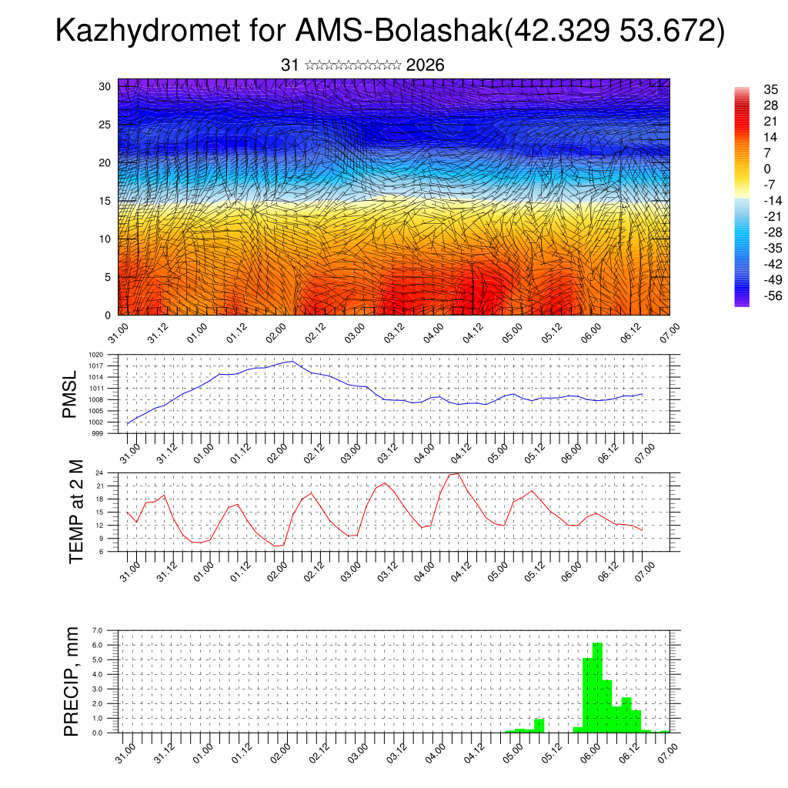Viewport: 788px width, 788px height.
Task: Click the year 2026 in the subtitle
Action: [425, 65]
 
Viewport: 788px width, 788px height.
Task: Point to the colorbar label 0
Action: [766, 169]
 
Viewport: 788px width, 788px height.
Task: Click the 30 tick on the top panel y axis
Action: [105, 86]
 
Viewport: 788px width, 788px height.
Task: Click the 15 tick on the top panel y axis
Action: [105, 201]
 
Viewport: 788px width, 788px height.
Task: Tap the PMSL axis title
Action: [70, 394]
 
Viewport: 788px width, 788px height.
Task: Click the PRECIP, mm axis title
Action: [72, 680]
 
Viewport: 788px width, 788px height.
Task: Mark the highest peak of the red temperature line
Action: [459, 473]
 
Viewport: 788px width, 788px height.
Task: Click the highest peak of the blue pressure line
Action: [291, 361]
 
